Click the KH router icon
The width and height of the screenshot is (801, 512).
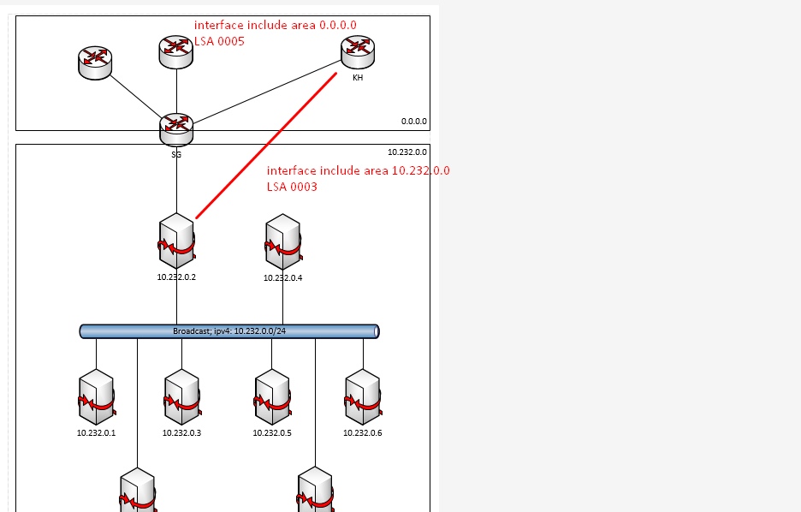(x=358, y=51)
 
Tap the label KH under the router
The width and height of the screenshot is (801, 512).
(x=357, y=77)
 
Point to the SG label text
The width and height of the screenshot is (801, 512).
(x=176, y=155)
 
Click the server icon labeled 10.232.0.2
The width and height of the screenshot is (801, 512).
(x=177, y=241)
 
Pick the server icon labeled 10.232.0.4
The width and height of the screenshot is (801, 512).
(x=283, y=242)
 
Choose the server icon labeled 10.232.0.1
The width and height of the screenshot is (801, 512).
(x=96, y=397)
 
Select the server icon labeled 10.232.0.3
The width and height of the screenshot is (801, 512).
(x=181, y=397)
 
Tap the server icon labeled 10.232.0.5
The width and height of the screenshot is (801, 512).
(x=272, y=397)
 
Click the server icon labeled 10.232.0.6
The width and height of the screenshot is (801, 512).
(x=363, y=397)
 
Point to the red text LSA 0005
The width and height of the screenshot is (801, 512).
(x=220, y=40)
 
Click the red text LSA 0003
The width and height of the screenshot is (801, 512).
(x=292, y=186)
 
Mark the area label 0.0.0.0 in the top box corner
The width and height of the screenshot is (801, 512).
(x=414, y=122)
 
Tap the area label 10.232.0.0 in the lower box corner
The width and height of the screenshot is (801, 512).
(x=407, y=152)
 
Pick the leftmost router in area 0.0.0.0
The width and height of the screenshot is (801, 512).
(x=96, y=61)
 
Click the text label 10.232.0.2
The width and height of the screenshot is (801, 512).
(x=177, y=277)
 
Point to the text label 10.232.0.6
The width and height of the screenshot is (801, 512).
(x=363, y=432)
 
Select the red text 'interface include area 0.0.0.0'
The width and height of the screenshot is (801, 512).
(x=275, y=25)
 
